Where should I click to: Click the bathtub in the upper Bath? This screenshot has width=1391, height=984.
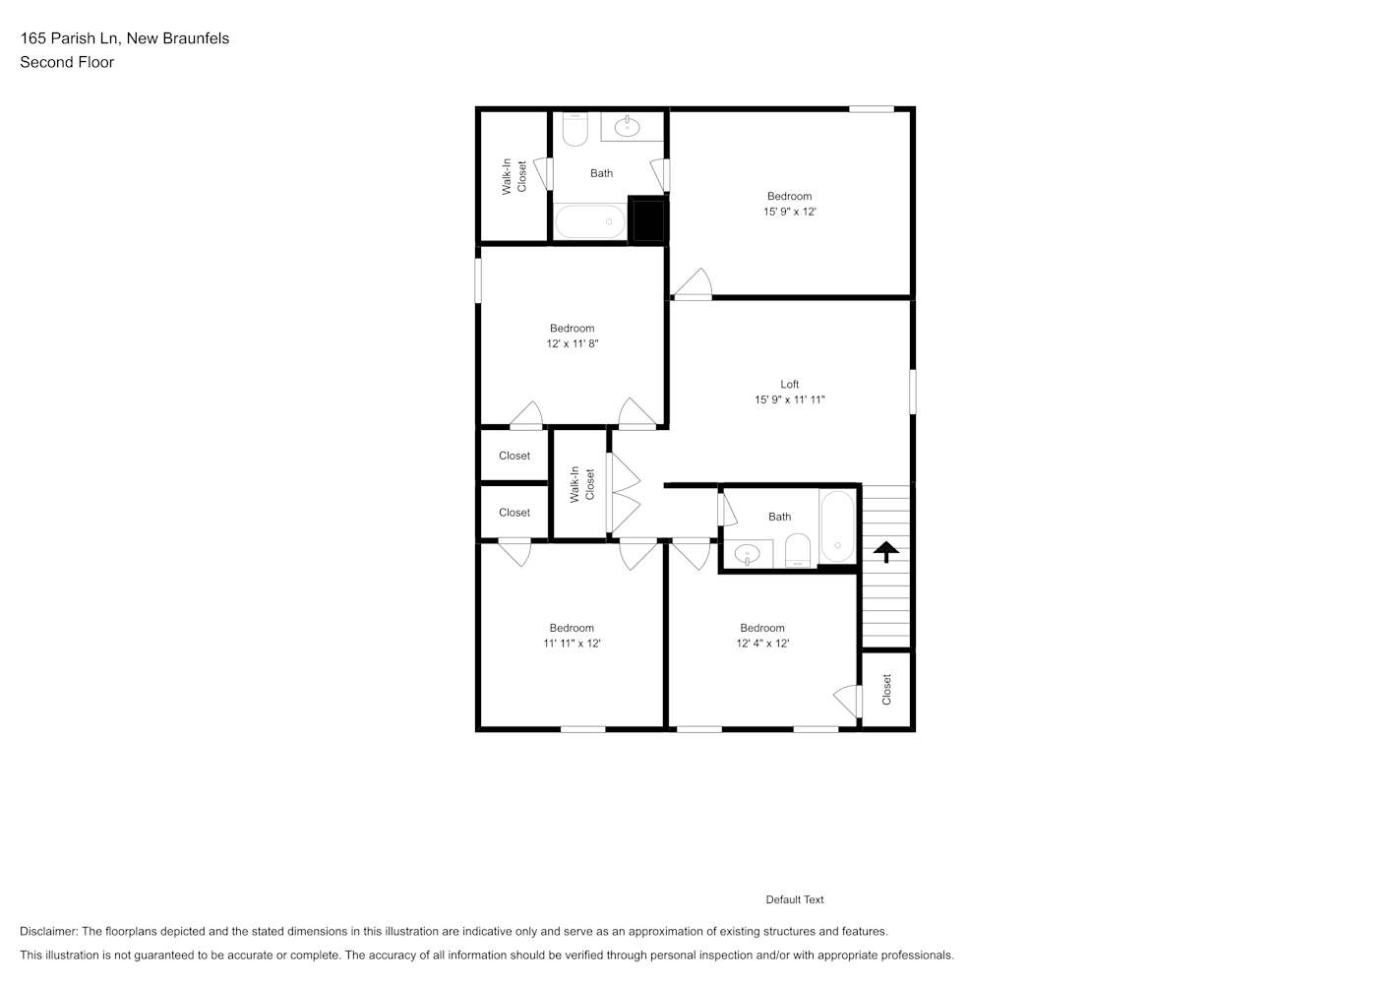[590, 221]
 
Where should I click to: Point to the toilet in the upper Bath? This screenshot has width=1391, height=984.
[575, 129]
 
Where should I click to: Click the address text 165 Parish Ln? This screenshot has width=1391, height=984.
[69, 38]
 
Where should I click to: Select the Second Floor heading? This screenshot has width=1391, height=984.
[67, 62]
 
